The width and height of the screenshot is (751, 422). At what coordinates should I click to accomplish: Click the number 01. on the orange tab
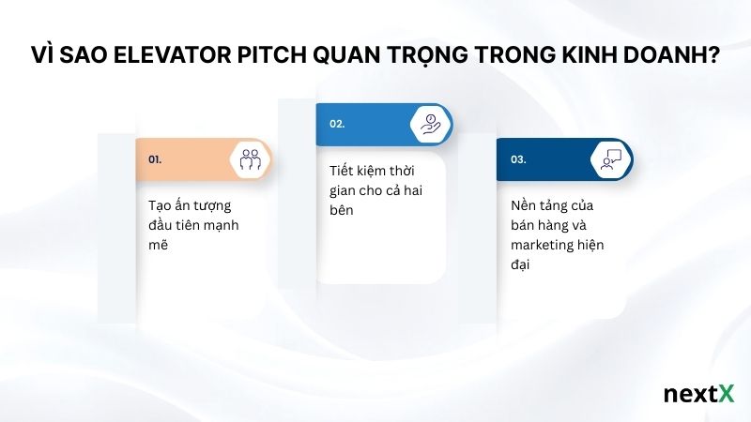[155, 160]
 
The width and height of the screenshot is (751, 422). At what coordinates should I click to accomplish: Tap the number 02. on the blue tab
[337, 124]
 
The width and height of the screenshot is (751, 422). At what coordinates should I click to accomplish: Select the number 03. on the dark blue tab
[518, 160]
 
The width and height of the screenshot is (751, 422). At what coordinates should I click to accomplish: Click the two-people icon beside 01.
[249, 159]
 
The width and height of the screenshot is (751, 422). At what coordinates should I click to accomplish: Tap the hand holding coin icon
[430, 124]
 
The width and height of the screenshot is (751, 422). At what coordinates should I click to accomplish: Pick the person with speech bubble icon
[611, 159]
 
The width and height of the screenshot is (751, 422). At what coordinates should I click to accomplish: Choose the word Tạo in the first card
[160, 204]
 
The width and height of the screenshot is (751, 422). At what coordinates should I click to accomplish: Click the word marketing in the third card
[544, 246]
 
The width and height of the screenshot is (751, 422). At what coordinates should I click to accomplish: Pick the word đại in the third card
[522, 266]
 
